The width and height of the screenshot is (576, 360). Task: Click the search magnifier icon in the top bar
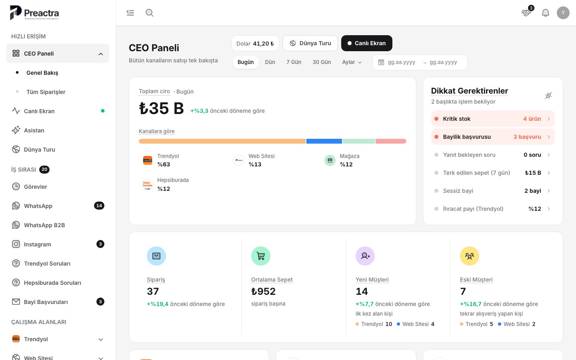pos(150,13)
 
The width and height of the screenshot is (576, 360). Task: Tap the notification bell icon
pos(546,13)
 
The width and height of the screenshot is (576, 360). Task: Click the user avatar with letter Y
pos(563,13)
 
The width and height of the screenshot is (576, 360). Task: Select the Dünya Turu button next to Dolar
pos(310,43)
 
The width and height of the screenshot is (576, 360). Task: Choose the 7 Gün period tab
pos(294,62)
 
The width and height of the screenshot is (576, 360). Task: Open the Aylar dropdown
pos(352,62)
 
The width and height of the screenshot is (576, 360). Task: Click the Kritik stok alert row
pos(493,118)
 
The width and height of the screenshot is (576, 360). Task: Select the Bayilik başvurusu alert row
pos(493,136)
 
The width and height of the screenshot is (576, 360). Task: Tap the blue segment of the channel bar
pos(324,141)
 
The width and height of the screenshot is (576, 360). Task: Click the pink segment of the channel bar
pos(391,141)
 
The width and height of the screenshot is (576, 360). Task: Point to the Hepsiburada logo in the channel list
pos(147,184)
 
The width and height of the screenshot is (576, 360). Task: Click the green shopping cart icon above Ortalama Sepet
pos(260,256)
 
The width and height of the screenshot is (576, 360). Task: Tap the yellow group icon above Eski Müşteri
pos(469,256)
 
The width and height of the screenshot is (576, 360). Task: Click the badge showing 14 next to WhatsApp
pos(99,206)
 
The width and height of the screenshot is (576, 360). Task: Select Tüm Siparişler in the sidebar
pos(46,92)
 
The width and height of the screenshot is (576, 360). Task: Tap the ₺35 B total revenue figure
pos(161,108)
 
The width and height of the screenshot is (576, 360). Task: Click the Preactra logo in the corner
pos(34,13)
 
